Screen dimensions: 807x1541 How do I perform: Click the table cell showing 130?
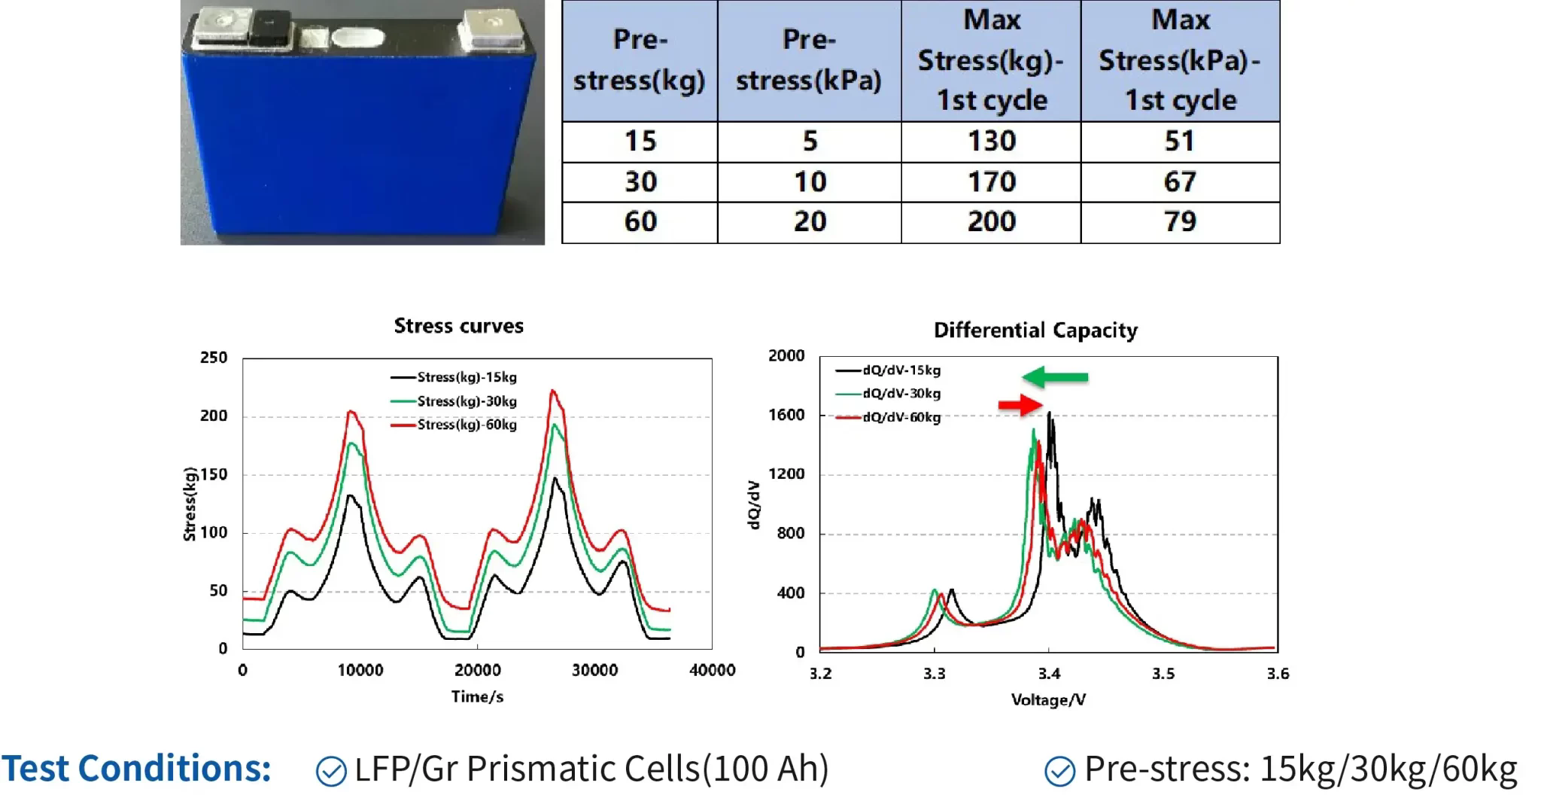point(991,142)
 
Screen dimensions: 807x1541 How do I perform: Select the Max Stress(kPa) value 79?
point(1179,222)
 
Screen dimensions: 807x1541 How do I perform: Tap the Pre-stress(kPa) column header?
point(809,60)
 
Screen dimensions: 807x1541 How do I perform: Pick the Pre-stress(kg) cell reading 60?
point(640,222)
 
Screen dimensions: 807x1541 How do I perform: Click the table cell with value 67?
point(1179,182)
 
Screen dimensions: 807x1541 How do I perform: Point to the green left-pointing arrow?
point(1055,376)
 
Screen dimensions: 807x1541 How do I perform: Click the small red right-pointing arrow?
point(1020,405)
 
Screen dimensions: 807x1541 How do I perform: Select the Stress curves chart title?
point(458,326)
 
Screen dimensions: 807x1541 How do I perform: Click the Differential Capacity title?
point(1035,330)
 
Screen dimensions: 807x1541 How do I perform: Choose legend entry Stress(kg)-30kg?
point(467,401)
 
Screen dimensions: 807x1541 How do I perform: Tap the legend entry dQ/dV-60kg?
point(901,417)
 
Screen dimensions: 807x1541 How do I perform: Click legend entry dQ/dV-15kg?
point(901,370)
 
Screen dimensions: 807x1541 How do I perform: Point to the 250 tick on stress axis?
point(213,358)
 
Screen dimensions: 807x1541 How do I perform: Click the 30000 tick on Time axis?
point(594,670)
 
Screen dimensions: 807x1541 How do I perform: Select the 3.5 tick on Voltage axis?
point(1163,673)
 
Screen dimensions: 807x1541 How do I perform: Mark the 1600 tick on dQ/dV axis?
point(786,415)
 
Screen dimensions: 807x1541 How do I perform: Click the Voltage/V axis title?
point(1048,700)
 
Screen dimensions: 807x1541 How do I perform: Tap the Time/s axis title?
point(477,697)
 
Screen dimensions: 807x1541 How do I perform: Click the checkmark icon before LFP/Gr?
point(331,771)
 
